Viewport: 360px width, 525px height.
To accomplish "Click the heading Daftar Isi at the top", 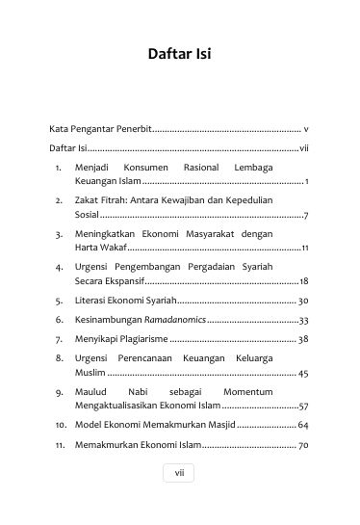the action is tap(179, 54).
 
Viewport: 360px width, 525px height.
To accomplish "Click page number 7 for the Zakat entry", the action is tap(305, 216).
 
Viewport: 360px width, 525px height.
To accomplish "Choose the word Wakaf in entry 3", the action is tap(115, 248).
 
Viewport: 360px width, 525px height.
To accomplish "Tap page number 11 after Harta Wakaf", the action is tap(304, 249).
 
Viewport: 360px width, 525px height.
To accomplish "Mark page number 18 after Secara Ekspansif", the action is tap(303, 281).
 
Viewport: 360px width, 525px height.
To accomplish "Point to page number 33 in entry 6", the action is tap(303, 320).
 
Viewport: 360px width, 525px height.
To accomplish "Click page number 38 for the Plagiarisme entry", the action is tap(303, 339).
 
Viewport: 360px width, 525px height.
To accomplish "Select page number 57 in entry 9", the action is tap(303, 407).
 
